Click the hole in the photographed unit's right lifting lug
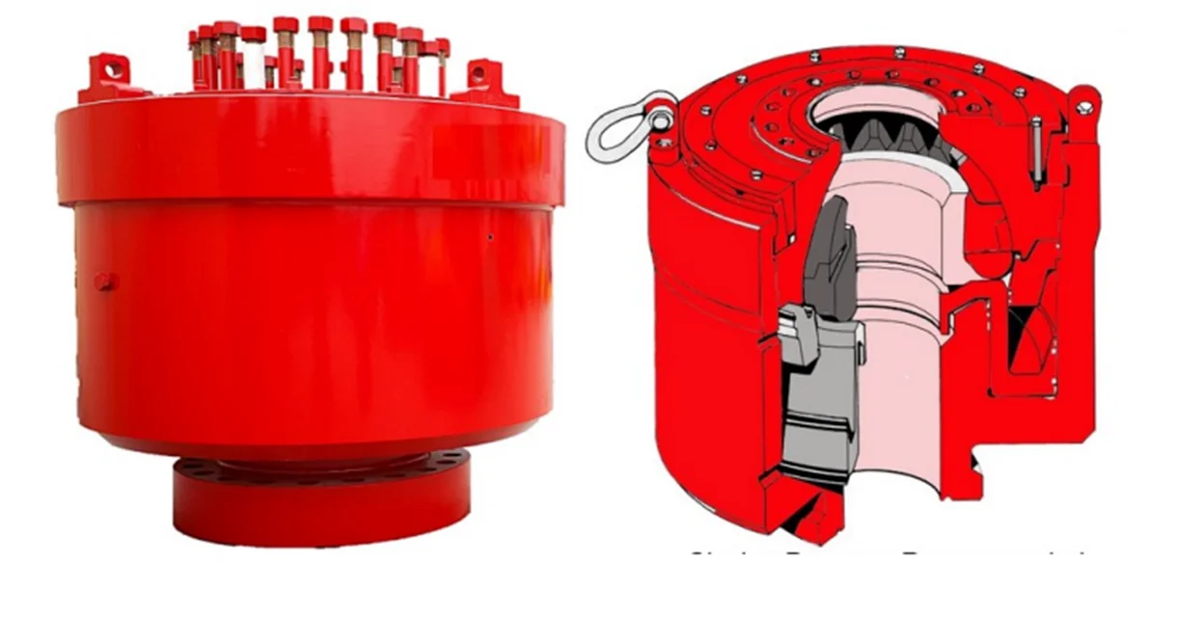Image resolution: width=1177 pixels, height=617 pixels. click(480, 69)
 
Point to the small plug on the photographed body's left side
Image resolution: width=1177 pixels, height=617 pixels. click(104, 282)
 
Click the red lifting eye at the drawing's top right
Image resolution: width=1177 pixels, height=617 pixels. click(1084, 100)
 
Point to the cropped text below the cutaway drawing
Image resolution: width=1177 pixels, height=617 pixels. click(888, 554)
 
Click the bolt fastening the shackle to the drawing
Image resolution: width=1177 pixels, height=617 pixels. click(662, 120)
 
